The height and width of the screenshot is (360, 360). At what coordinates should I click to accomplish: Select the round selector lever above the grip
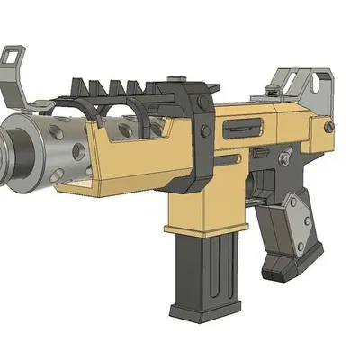tap(284, 159)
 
